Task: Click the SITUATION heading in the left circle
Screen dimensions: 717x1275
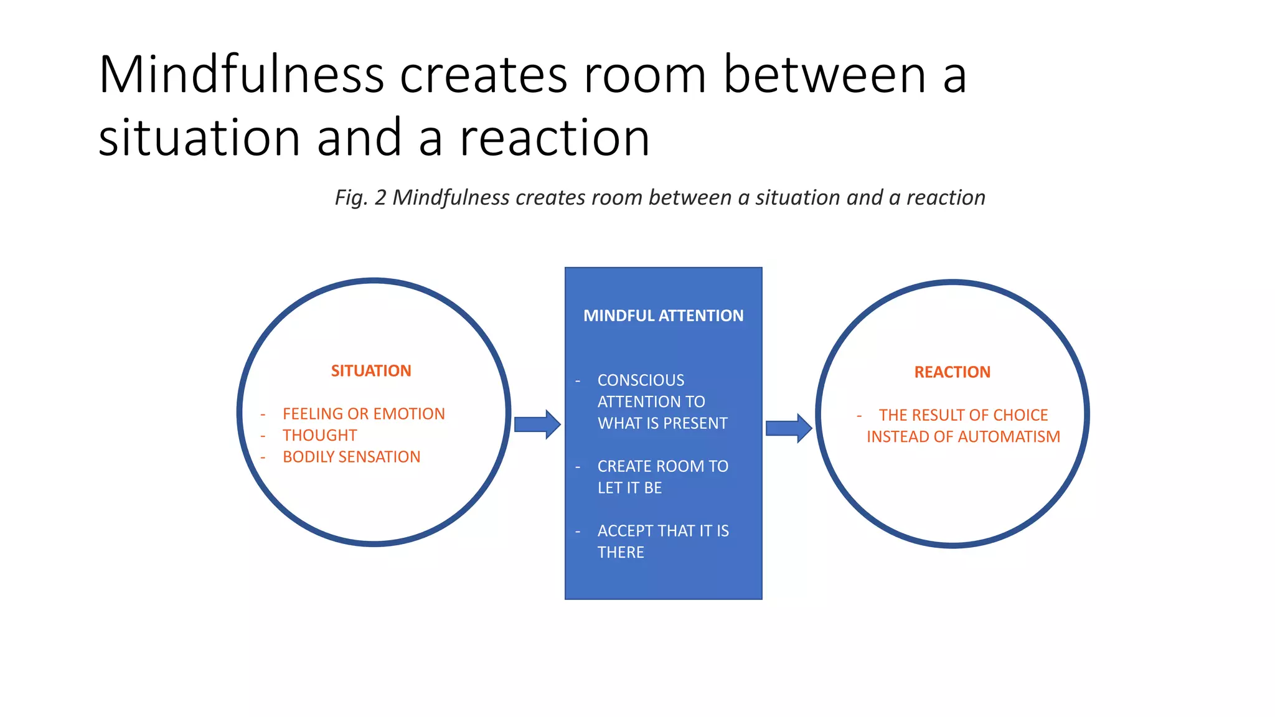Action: [371, 371]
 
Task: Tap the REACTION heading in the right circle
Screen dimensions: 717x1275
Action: [952, 372]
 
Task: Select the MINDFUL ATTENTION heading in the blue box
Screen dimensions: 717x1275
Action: [663, 316]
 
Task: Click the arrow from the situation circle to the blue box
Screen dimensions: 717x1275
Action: [537, 424]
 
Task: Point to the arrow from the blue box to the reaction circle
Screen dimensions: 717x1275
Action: [789, 428]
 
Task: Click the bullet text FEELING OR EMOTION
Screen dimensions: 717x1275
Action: [364, 414]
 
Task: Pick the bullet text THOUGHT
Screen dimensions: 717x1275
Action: [320, 436]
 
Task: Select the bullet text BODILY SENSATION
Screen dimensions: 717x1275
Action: [351, 457]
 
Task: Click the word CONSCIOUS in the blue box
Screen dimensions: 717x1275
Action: [641, 380]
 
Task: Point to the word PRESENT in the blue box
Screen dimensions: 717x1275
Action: [696, 423]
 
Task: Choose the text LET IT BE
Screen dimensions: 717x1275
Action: [629, 488]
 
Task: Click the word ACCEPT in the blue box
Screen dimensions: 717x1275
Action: [625, 531]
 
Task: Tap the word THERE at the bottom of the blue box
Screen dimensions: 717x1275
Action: [621, 553]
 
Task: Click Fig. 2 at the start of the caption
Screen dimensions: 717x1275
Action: [360, 198]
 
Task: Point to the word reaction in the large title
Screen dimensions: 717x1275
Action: [555, 138]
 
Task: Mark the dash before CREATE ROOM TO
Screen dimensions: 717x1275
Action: [578, 467]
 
